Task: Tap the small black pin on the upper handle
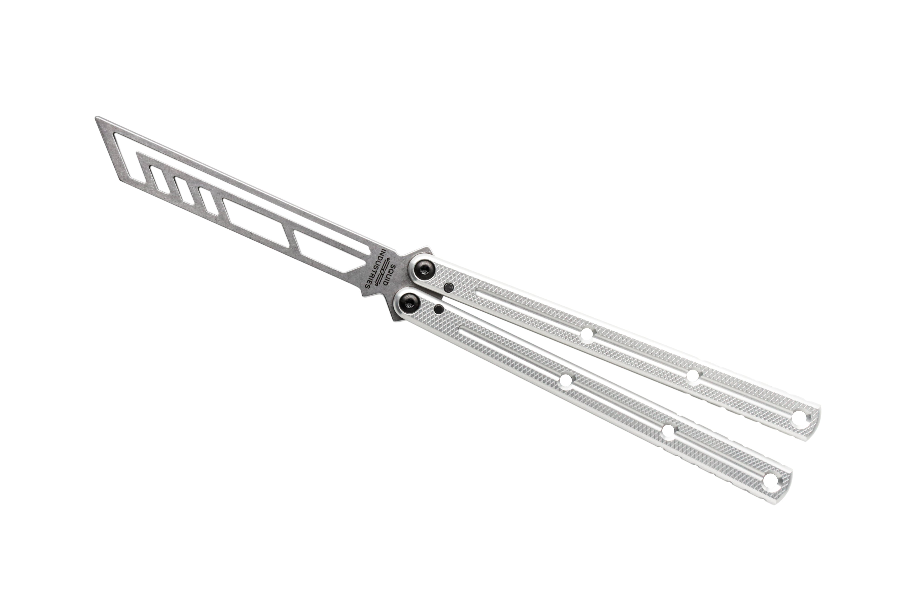click(449, 287)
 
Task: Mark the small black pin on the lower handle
click(439, 309)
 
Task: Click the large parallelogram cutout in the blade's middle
click(257, 222)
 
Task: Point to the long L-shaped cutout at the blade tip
click(128, 156)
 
